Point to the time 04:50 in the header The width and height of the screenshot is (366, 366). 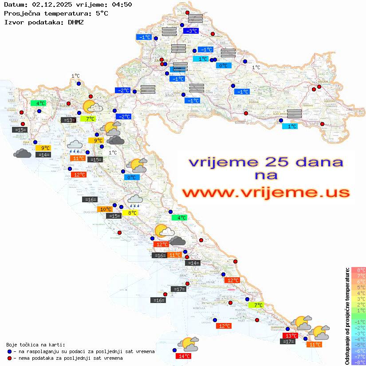pyautogui.click(x=122, y=5)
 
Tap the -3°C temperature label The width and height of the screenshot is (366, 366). pyautogui.click(x=191, y=31)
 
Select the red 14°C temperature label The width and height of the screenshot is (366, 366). pyautogui.click(x=184, y=356)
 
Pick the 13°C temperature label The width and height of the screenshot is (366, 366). pyautogui.click(x=291, y=335)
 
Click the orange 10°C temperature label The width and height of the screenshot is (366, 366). pyautogui.click(x=105, y=209)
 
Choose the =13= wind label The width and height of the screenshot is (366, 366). pyautogui.click(x=68, y=120)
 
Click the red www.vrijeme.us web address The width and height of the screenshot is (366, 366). pyautogui.click(x=266, y=193)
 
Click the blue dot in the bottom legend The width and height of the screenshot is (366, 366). pyautogui.click(x=10, y=351)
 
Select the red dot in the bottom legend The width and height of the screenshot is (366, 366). pyautogui.click(x=10, y=358)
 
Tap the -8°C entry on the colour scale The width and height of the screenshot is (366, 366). pyautogui.click(x=358, y=362)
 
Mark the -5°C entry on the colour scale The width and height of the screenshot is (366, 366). pyautogui.click(x=358, y=345)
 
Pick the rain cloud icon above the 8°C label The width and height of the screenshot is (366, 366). pyautogui.click(x=135, y=201)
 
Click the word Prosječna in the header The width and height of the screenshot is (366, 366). pyautogui.click(x=22, y=13)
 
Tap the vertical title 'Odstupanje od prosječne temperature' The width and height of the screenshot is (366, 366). pyautogui.click(x=347, y=316)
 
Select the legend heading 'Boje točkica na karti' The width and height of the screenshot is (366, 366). pyautogui.click(x=35, y=344)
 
